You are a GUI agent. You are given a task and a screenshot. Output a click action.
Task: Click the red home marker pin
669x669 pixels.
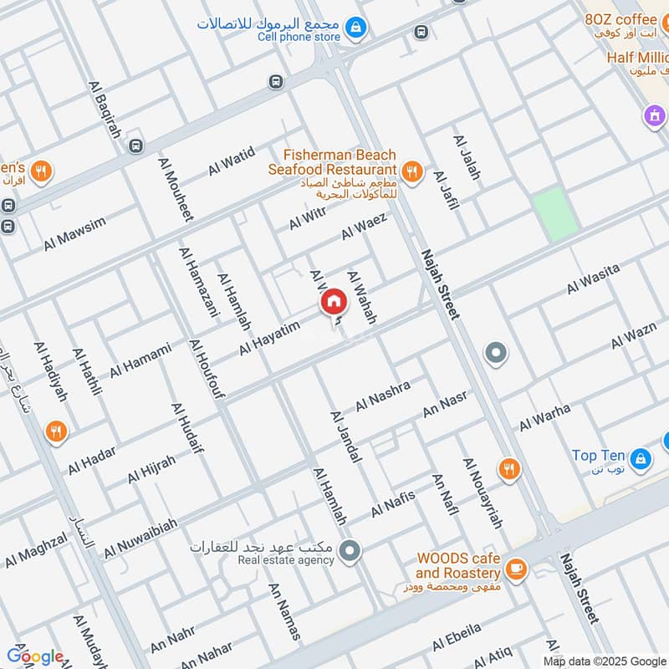click(333, 302)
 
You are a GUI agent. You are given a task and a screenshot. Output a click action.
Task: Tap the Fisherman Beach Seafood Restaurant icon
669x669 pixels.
click(411, 172)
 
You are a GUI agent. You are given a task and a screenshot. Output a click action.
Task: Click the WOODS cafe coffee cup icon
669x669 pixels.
click(517, 568)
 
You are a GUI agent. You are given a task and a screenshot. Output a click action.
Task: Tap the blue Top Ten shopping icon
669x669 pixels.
click(641, 457)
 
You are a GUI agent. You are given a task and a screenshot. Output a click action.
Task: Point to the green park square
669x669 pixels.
click(555, 215)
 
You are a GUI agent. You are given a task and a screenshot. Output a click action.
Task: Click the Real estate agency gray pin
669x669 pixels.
click(351, 549)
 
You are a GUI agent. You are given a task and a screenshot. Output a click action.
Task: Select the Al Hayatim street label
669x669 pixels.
click(269, 339)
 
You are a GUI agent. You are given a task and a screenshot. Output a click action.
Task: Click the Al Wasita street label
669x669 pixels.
click(593, 278)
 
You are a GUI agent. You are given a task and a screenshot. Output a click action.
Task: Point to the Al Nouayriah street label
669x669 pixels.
click(483, 493)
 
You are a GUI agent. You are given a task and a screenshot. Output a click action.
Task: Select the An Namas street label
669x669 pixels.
click(283, 611)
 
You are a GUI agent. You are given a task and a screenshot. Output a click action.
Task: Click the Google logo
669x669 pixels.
click(34, 656)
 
